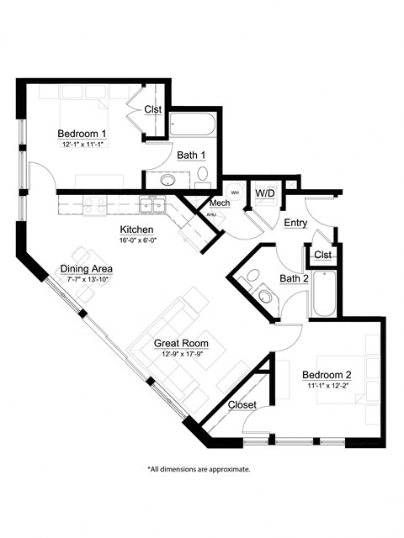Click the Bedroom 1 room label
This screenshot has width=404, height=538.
[82, 134]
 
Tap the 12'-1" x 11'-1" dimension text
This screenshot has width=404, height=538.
[82, 145]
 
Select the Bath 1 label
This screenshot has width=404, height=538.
[191, 154]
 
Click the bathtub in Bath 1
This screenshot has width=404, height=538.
[193, 126]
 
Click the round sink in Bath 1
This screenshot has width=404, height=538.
[167, 180]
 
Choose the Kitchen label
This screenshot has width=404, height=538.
[136, 229]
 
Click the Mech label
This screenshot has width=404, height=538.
[220, 203]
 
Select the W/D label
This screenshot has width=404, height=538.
[265, 193]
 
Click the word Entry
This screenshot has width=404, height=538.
[295, 223]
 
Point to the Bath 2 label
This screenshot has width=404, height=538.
[295, 278]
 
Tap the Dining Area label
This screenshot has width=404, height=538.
[86, 269]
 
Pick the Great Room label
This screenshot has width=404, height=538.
[181, 344]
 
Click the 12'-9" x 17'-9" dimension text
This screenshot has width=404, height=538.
[181, 355]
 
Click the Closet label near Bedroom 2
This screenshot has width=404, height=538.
[242, 404]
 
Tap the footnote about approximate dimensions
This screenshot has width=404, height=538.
[199, 469]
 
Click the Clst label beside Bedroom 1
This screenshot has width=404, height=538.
[152, 109]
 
